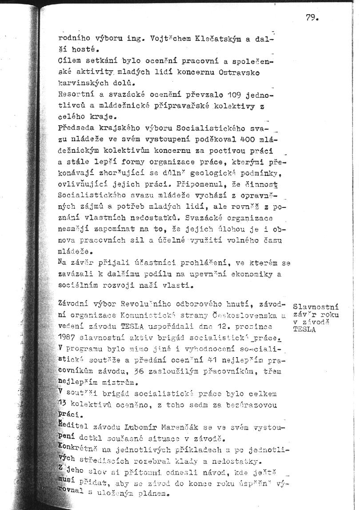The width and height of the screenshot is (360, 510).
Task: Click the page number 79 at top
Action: [312, 18]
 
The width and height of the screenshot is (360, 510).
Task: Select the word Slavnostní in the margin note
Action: [316, 307]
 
